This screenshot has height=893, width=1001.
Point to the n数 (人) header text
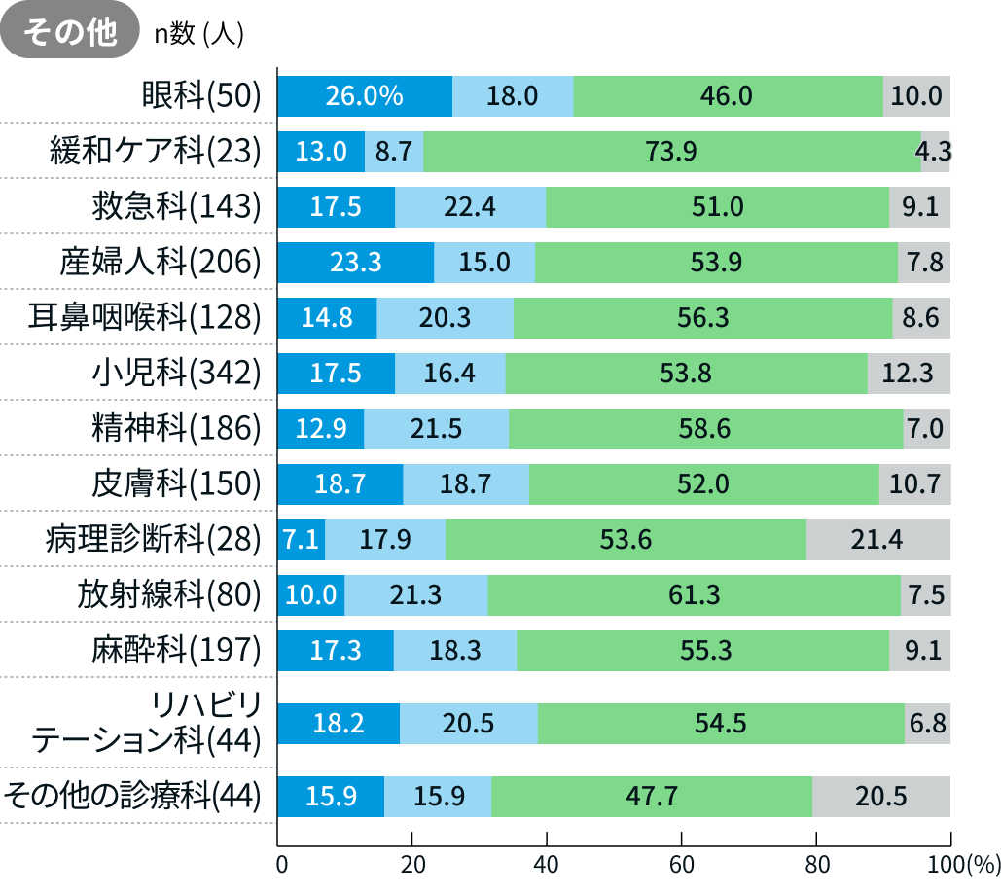pos(198,34)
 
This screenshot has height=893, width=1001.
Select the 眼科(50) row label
pos(202,95)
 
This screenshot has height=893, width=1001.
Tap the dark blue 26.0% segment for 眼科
pos(365,95)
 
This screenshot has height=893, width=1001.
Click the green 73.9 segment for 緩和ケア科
pos(671,151)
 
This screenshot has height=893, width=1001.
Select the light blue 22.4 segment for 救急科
pos(470,206)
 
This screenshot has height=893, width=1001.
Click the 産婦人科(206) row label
pos(161,262)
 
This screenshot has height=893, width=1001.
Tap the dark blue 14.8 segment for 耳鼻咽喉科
pos(327,317)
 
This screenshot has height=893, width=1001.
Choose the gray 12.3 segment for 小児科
pos(908,373)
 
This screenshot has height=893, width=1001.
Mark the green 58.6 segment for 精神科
pos(705,428)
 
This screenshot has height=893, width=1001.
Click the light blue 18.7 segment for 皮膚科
pos(466,483)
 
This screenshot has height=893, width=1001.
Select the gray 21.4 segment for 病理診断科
pos(877,539)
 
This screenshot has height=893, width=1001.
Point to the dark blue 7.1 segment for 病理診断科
pos(302,539)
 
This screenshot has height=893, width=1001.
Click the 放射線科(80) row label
pos(170,594)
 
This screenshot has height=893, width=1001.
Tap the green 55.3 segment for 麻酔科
pos(702,650)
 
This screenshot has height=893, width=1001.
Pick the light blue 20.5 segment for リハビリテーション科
pos(468,723)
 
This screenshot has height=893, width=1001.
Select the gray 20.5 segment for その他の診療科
pos(880,796)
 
